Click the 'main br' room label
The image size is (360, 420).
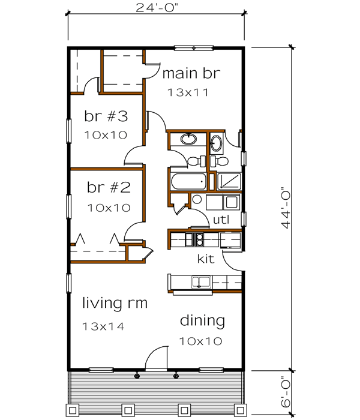coord(192,74)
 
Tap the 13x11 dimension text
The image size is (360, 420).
coord(189,93)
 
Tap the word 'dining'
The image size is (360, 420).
coord(202,321)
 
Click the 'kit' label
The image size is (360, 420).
coord(206,260)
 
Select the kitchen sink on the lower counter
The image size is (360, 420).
coord(200,281)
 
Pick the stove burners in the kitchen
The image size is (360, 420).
coord(195,240)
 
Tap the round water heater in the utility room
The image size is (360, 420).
coord(197,200)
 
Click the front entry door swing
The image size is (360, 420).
coord(157,358)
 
